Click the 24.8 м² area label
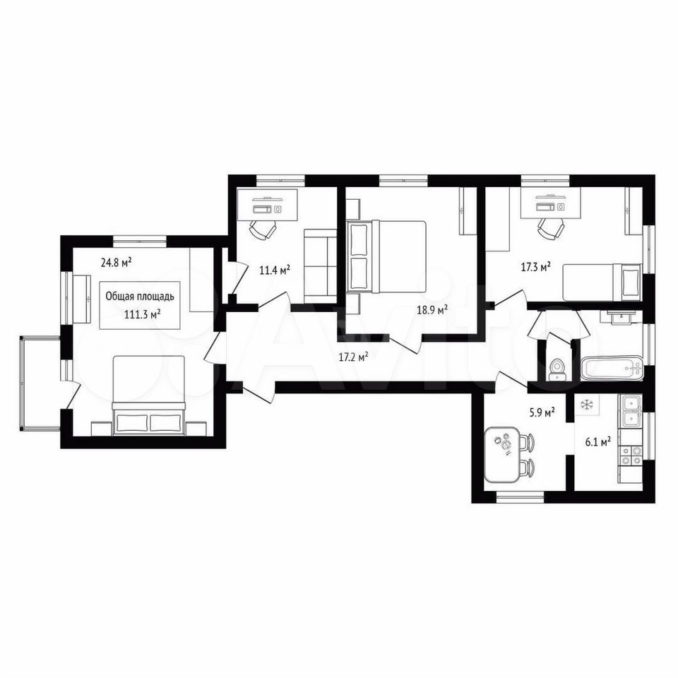(x=117, y=263)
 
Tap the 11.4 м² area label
(x=274, y=270)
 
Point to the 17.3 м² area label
(x=535, y=267)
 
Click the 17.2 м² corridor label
(x=353, y=357)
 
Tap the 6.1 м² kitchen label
(x=599, y=441)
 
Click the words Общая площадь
(x=140, y=296)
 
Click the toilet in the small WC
(x=557, y=370)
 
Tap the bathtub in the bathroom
(x=612, y=369)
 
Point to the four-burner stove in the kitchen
(x=631, y=456)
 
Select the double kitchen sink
(x=631, y=411)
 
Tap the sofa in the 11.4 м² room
(x=321, y=266)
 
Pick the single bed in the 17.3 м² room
(x=602, y=282)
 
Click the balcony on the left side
(x=40, y=383)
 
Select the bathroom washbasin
(x=620, y=316)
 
